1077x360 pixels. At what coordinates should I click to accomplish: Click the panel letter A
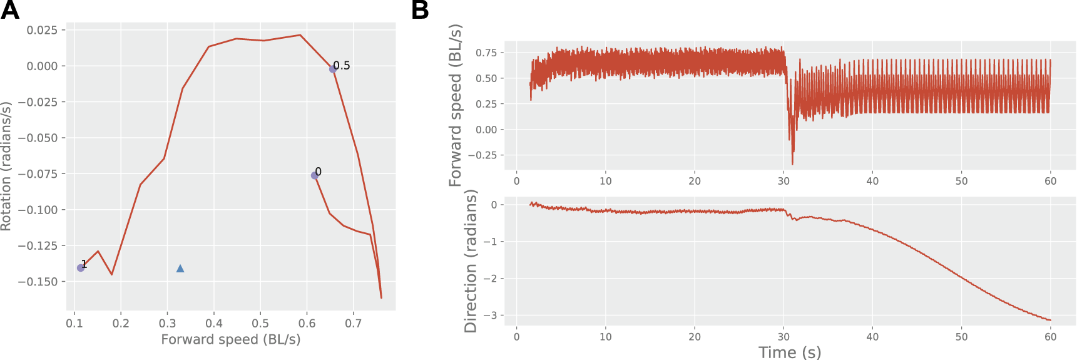[x=9, y=10]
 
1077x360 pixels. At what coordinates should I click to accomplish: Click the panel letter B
[x=420, y=10]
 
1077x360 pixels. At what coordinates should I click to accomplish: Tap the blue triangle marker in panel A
[x=180, y=269]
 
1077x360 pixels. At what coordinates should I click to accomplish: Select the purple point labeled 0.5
[x=333, y=69]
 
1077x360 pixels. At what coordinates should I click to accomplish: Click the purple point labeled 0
[x=315, y=175]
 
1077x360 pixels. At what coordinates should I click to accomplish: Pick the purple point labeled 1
[x=81, y=268]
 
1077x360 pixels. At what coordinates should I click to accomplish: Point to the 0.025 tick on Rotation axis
[x=43, y=30]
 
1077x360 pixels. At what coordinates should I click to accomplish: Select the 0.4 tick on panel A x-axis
[x=214, y=323]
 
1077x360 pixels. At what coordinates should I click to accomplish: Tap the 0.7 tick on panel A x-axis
[x=354, y=323]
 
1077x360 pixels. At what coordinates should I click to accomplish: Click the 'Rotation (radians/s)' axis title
[x=6, y=166]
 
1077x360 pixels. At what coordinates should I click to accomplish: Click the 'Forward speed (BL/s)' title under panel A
[x=230, y=339]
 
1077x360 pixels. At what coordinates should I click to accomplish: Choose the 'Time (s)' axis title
[x=790, y=352]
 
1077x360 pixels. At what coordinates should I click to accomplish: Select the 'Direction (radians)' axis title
[x=471, y=261]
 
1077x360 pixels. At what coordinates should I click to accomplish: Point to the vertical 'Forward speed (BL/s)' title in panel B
[x=455, y=105]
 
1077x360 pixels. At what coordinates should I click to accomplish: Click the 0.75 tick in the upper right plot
[x=486, y=53]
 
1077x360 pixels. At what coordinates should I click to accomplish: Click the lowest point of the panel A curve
[x=381, y=297]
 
